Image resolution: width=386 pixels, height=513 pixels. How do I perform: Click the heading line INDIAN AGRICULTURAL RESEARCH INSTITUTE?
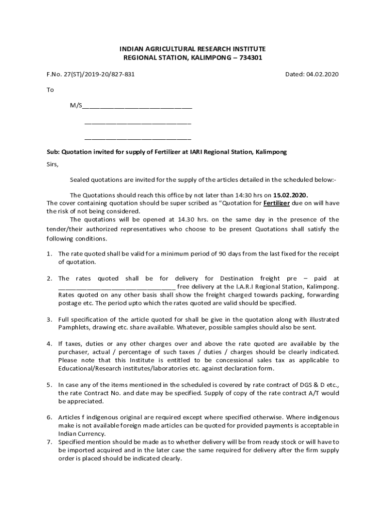[x=193, y=49]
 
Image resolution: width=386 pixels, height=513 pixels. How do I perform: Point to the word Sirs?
[x=53, y=164]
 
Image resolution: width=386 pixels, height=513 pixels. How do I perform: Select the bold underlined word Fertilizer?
[x=277, y=203]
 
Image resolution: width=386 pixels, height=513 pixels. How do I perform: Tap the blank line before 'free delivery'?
[x=116, y=287]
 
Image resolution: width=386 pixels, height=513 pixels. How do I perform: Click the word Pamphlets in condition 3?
[x=73, y=328]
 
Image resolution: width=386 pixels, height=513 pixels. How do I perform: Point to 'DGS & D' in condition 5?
[x=309, y=385]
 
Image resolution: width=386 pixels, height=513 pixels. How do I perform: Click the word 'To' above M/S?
[x=50, y=90]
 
